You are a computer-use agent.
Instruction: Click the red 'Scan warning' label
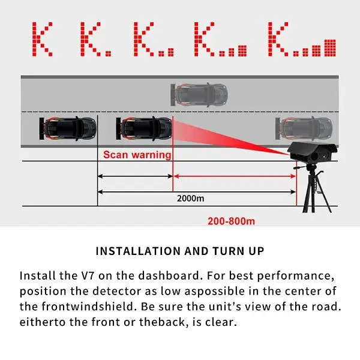pyautogui.click(x=137, y=155)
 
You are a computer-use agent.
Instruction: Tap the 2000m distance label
pyautogui.click(x=190, y=199)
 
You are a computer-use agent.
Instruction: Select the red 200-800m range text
pyautogui.click(x=231, y=221)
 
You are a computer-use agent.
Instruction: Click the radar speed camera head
pyautogui.click(x=313, y=152)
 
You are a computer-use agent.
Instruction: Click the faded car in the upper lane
pyautogui.click(x=199, y=95)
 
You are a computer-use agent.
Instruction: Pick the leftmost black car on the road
pyautogui.click(x=68, y=128)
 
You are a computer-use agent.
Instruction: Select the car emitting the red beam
pyautogui.click(x=144, y=128)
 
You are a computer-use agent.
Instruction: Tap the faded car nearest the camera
pyautogui.click(x=304, y=128)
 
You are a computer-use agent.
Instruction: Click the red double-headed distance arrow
pyautogui.click(x=235, y=176)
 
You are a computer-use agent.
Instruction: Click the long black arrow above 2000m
pyautogui.click(x=197, y=192)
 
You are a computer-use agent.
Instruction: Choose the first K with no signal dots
pyautogui.click(x=42, y=39)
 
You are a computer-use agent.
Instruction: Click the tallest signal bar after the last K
pyautogui.click(x=330, y=48)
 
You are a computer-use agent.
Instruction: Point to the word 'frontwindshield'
pyautogui.click(x=88, y=307)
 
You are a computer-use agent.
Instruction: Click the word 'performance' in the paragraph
pyautogui.click(x=295, y=276)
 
